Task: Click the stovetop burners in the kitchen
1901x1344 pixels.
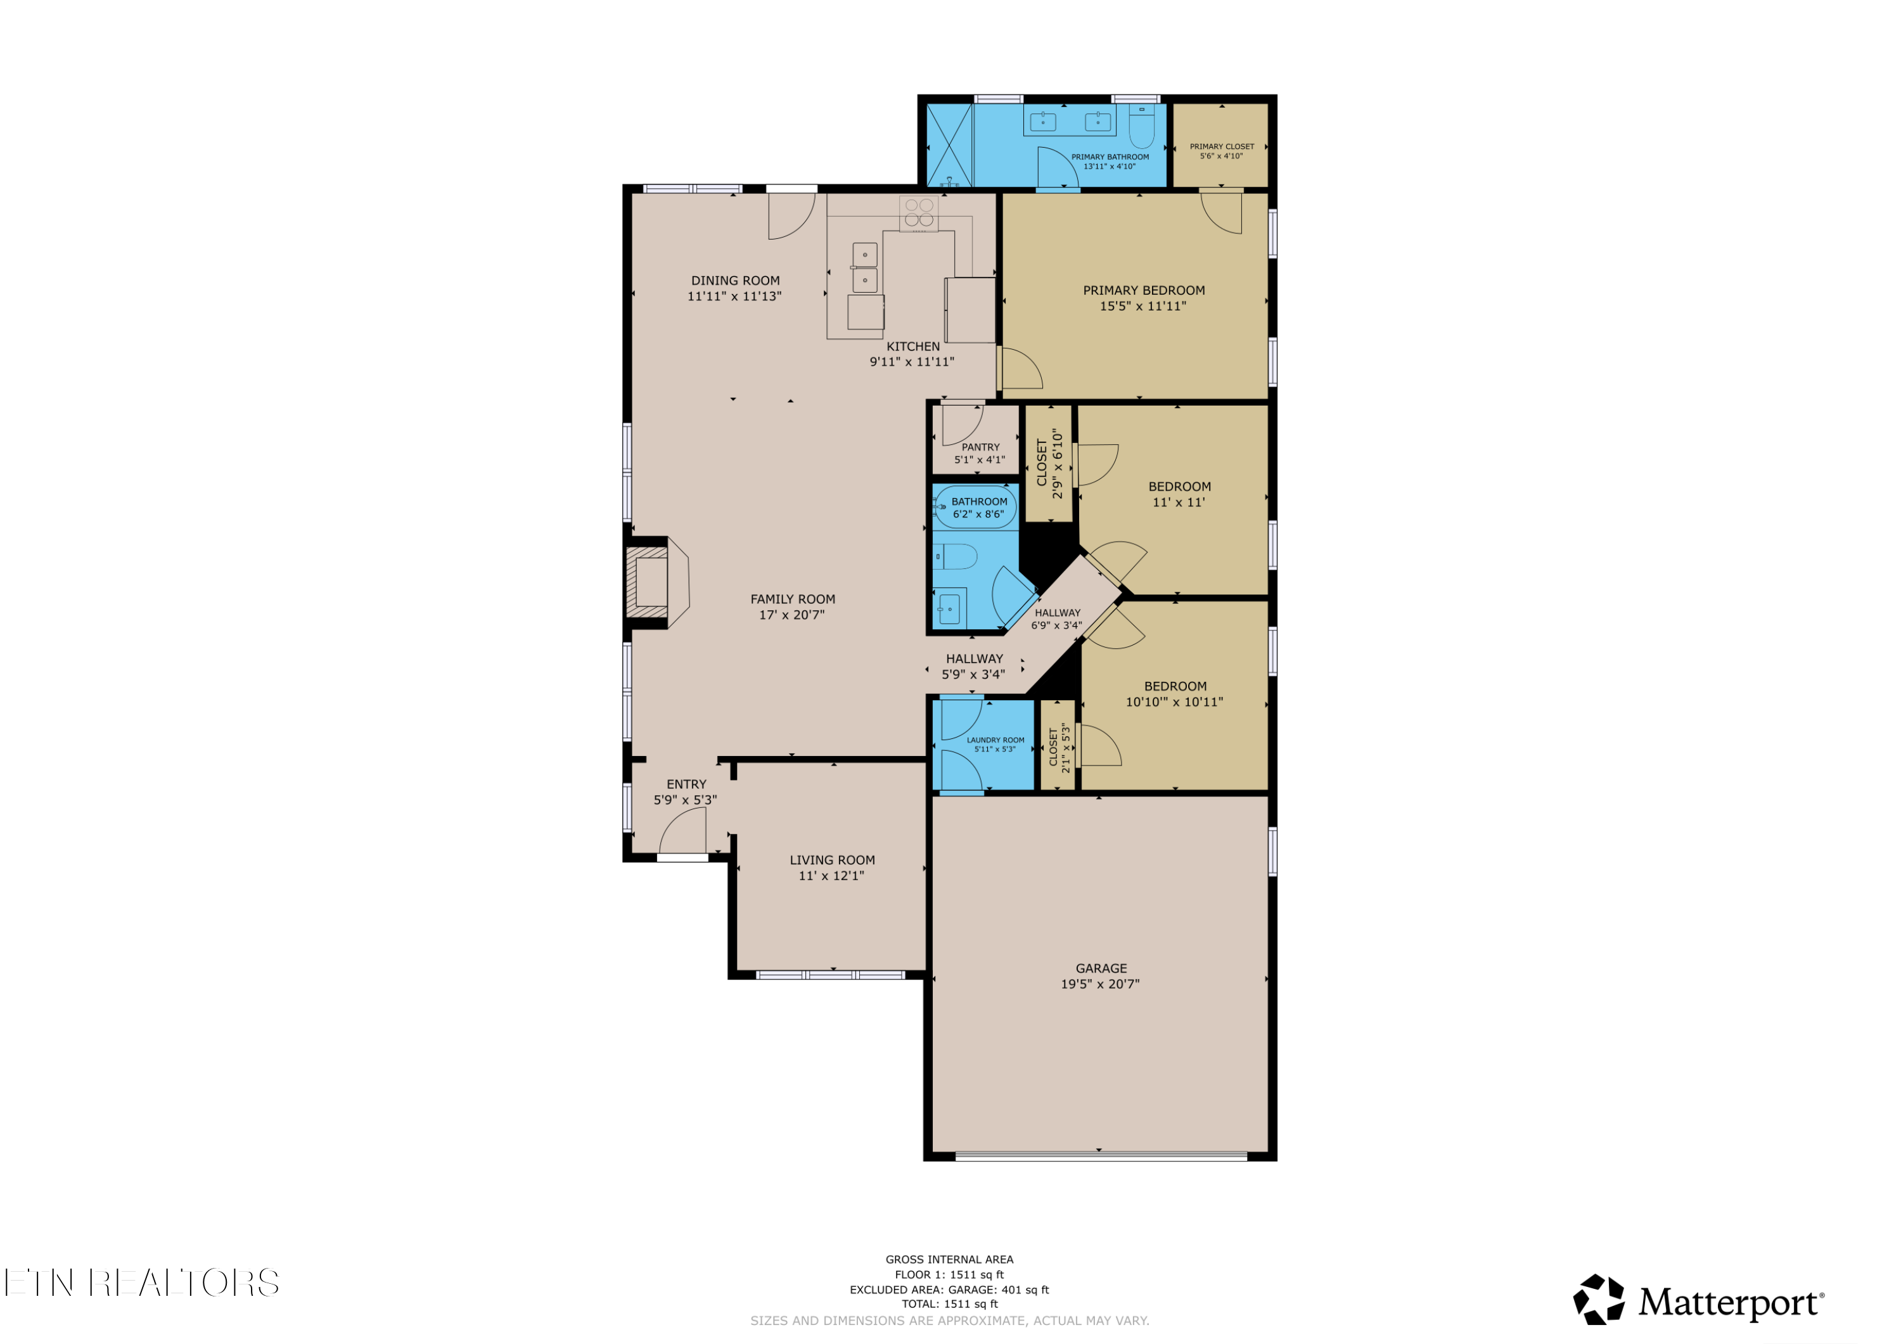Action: tap(919, 213)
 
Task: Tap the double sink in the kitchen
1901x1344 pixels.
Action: tap(864, 267)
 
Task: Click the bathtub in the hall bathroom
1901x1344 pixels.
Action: tap(975, 507)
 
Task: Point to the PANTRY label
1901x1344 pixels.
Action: tap(980, 447)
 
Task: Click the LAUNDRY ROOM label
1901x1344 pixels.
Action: tap(995, 740)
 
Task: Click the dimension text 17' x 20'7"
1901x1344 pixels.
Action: tap(791, 615)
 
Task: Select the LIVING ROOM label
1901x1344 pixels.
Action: tap(832, 861)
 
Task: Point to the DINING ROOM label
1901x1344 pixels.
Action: tap(735, 281)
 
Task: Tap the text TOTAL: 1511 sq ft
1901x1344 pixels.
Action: tap(950, 1303)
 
